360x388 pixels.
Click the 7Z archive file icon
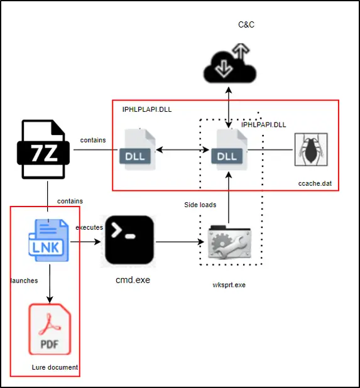pos(43,149)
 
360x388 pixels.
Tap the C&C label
pos(246,24)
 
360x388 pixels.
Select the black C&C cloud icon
pos(230,63)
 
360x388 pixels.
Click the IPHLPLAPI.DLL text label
pos(147,109)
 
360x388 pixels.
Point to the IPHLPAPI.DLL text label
pos(263,125)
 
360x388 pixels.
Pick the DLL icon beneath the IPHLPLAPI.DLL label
pos(138,149)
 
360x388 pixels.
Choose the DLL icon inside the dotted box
pos(229,149)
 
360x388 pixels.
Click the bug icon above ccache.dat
pos(311,149)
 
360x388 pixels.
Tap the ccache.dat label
pos(315,183)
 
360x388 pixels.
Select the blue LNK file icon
pos(48,240)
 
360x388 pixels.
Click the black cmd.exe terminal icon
pos(129,240)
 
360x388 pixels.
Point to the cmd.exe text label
pos(133,280)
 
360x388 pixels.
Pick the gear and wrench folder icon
pos(229,242)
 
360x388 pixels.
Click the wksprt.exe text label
pos(229,285)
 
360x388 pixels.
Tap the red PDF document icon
pos(50,329)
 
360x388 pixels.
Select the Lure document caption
pos(55,367)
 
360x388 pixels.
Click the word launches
pos(25,281)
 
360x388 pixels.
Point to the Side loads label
pos(200,205)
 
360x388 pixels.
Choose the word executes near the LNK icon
pos(89,227)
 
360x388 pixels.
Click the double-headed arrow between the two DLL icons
pos(182,149)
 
